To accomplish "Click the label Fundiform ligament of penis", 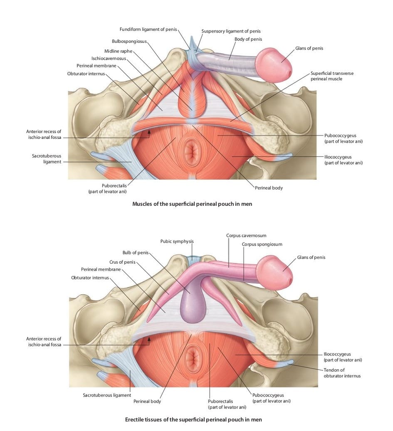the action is (x=148, y=29).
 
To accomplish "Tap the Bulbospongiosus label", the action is (x=129, y=41).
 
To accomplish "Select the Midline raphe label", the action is (x=118, y=51).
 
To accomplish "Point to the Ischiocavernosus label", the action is (x=109, y=58).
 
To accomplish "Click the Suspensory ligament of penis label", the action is (x=231, y=31).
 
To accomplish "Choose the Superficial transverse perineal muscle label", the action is (x=332, y=76).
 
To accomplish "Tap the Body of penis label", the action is (x=248, y=39).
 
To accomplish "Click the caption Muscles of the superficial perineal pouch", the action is (x=192, y=204).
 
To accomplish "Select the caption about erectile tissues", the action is (x=193, y=419).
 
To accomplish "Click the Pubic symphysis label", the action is (x=177, y=241).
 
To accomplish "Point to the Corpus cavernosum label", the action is (x=246, y=235).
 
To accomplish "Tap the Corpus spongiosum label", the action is (x=262, y=244).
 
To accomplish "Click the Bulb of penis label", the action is (x=135, y=252).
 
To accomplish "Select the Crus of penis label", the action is (x=122, y=262).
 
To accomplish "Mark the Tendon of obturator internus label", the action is (x=342, y=373).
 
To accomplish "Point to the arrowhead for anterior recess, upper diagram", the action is (x=149, y=132).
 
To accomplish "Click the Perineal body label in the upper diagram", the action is (x=269, y=188).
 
